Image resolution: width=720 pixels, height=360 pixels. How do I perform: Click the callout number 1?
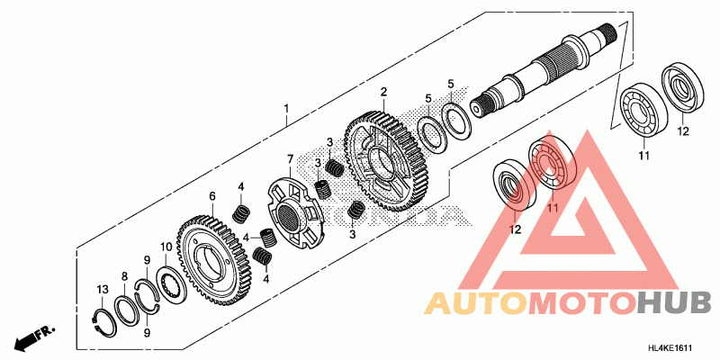tap(286, 110)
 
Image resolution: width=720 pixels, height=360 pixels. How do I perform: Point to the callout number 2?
tap(383, 92)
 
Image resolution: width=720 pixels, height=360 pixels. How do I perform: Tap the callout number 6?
tap(212, 196)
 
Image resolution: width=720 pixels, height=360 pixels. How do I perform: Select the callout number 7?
tap(290, 159)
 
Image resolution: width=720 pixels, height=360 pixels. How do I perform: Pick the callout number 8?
tap(125, 276)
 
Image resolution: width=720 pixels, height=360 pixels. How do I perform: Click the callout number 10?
tap(165, 247)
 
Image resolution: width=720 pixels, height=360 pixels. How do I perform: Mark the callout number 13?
tap(103, 288)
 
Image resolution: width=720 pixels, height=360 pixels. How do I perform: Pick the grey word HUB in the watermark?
tap(676, 303)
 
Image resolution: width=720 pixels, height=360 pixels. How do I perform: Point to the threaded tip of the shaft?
tap(611, 35)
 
